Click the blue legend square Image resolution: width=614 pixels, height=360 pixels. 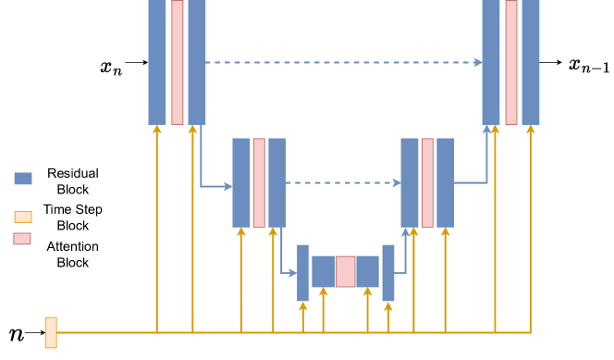(23, 179)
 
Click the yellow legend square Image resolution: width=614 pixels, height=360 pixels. (23, 217)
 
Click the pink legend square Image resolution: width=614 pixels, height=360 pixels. (22, 239)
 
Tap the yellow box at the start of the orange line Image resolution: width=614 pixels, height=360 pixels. (51, 332)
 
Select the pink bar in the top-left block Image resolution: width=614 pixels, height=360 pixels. (178, 62)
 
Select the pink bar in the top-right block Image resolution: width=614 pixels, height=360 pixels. (511, 62)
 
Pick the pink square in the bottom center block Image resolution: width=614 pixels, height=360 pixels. (345, 271)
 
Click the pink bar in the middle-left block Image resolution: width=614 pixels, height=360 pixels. (259, 182)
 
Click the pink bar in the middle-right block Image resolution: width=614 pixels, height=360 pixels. (427, 182)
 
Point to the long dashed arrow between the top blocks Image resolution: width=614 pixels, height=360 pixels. (342, 62)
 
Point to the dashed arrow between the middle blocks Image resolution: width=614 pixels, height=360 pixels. (342, 182)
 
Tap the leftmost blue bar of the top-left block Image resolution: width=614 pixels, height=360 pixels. (157, 62)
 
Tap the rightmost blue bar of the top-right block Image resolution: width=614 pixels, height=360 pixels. (531, 62)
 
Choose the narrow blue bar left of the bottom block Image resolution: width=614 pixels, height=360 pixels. (302, 272)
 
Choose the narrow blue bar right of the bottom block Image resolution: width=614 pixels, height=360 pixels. (388, 272)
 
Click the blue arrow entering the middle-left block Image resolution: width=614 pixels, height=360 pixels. (217, 186)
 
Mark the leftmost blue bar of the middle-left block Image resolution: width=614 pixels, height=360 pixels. (241, 182)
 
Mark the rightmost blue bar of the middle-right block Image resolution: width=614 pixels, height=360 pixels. (445, 182)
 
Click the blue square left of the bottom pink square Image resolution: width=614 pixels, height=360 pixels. (323, 271)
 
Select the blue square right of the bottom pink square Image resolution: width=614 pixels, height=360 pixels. (367, 271)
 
